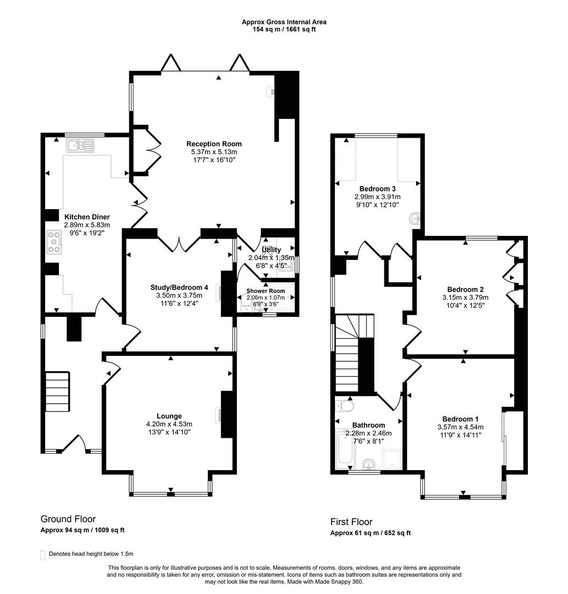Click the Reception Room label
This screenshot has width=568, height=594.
coord(216,144)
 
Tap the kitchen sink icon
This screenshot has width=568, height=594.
coord(80,146)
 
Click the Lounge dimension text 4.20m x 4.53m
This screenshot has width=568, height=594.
coord(169,424)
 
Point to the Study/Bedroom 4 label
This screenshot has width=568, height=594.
coord(179,287)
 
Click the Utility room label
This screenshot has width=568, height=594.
coord(272,250)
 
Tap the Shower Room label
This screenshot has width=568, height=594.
coord(266,291)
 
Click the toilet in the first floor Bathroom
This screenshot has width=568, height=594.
coord(345,406)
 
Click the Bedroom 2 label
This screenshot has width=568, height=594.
coord(465,290)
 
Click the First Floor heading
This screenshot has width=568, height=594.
coord(351,522)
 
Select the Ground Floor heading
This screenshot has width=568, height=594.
coord(68,519)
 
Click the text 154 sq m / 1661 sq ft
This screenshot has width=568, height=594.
coord(284,29)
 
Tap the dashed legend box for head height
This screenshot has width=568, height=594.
coord(43,554)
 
